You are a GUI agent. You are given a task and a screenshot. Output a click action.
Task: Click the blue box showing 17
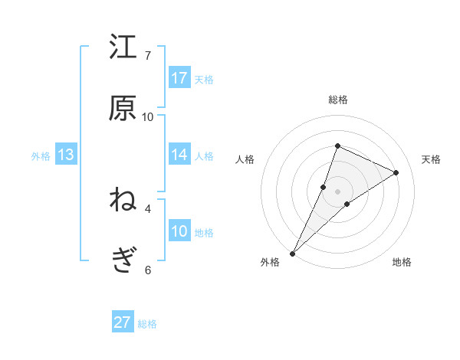tap(179, 78)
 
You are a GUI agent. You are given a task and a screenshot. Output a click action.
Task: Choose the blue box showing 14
tap(179, 155)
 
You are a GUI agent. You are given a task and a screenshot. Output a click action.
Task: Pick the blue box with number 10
tap(179, 231)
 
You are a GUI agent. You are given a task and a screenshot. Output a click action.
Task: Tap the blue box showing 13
tap(66, 155)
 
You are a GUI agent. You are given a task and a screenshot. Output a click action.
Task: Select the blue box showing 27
tap(123, 322)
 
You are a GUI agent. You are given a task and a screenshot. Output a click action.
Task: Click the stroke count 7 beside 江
tap(148, 55)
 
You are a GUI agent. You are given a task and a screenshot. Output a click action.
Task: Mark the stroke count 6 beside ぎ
tap(148, 270)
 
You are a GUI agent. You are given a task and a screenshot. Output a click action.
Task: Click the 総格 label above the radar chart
tap(338, 100)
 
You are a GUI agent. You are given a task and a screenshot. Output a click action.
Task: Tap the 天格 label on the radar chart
tap(431, 159)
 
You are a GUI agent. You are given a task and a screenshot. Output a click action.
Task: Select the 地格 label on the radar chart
tap(402, 262)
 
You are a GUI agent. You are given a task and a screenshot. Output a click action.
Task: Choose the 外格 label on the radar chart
tap(270, 262)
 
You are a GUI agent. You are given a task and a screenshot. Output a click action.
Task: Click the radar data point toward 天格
tap(396, 172)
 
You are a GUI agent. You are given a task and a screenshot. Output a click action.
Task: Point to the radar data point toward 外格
tap(292, 254)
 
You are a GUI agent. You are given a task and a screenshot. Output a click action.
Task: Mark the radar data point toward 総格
tap(337, 146)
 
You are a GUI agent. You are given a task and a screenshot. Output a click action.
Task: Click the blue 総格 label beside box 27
tap(147, 324)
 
